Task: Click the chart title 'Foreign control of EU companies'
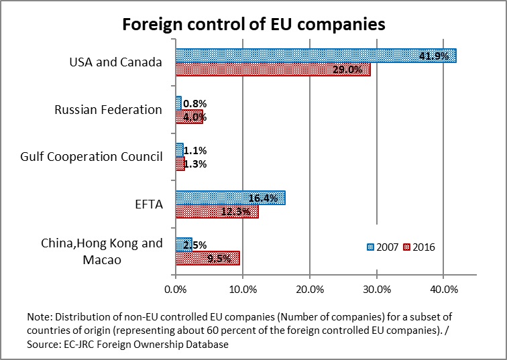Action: click(x=253, y=24)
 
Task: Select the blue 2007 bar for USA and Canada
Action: click(x=315, y=56)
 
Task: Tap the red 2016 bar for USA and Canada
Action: click(x=272, y=69)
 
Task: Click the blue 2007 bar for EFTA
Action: click(x=230, y=198)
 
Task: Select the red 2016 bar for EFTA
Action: click(x=216, y=211)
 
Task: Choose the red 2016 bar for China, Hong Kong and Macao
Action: click(x=207, y=258)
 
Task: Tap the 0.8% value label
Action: click(x=195, y=104)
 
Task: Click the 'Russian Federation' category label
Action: click(x=108, y=110)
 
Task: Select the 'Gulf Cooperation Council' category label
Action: click(x=91, y=157)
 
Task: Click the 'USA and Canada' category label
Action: click(x=116, y=62)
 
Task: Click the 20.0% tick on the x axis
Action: click(x=309, y=290)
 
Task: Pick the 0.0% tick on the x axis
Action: click(x=175, y=290)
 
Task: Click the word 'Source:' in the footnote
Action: click(x=46, y=344)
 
